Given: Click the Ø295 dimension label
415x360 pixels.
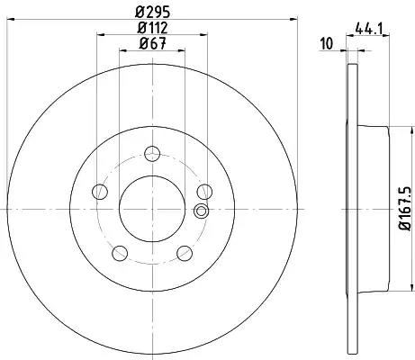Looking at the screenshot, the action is click(153, 13).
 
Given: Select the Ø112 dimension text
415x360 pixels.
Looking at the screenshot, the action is click(152, 28).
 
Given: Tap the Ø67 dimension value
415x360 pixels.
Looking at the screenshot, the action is click(152, 44).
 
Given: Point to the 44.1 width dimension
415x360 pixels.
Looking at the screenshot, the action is click(368, 29).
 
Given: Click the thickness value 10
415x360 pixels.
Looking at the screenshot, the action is click(327, 44).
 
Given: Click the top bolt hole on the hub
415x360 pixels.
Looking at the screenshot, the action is click(152, 154).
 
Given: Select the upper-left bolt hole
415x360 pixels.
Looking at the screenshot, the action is click(100, 192).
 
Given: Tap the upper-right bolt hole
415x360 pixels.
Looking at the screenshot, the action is click(204, 192).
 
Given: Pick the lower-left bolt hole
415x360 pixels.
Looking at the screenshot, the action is click(120, 253).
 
